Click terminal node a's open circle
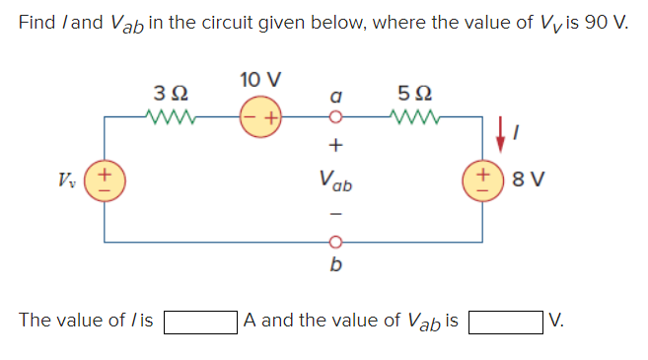tap(335, 119)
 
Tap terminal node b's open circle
tap(335, 240)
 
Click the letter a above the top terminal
tap(335, 99)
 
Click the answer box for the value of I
tap(200, 322)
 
